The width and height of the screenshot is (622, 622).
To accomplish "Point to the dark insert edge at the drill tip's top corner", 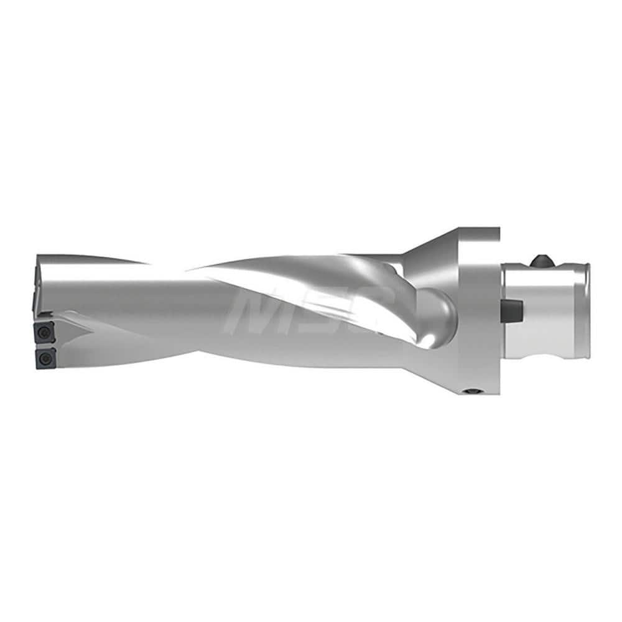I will (32, 287).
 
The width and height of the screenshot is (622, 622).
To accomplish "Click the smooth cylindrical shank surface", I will (547, 311).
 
